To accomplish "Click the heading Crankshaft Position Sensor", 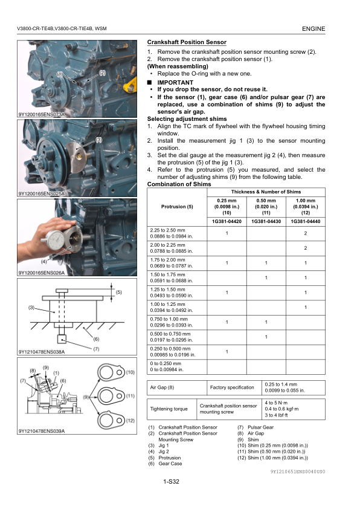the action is point(187,42).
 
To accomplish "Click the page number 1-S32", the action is point(172,481).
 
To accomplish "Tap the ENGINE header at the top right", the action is point(313,28).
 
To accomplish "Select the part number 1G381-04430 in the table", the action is point(266,221).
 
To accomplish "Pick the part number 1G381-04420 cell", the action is point(227,221).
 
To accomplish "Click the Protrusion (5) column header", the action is point(177,207).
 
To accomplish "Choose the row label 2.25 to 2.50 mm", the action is point(168,230).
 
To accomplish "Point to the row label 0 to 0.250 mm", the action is point(166,363).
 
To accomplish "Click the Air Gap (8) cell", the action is point(162,387).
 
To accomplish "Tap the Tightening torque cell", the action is point(169,409).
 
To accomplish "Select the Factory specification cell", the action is point(232,387).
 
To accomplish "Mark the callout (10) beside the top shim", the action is point(130,372).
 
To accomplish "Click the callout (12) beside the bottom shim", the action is point(130,421).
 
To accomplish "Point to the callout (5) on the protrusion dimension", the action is point(119,292).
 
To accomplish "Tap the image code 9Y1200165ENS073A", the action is point(42,114).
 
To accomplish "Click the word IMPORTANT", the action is point(175,82).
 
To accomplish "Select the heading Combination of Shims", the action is point(179,184).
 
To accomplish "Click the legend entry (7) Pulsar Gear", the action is point(256,427).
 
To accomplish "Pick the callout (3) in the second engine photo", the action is point(99,140).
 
